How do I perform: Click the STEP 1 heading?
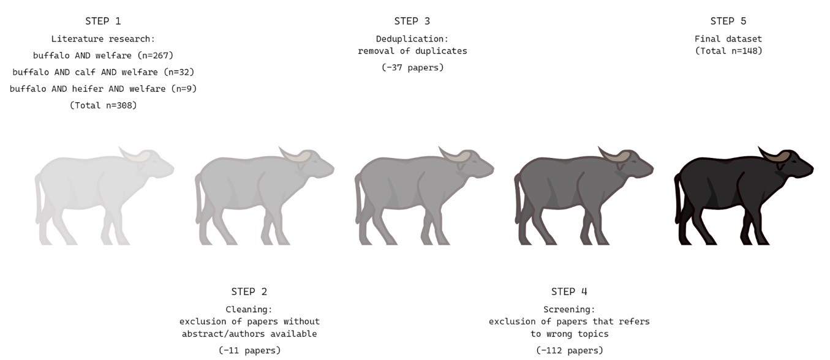coord(103,21)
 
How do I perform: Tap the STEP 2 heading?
coord(249,292)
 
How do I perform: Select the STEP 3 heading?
coord(412,21)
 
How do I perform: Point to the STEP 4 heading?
coord(569,292)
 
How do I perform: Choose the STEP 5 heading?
coord(728,21)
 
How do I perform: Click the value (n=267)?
coord(156,56)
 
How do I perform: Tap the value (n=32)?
coord(179,72)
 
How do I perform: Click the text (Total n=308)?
coord(104,105)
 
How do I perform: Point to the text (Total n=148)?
coord(728,51)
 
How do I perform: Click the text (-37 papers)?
coord(412,67)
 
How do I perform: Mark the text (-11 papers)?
coord(249,350)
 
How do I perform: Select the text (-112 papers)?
coord(570,350)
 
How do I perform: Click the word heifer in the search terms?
coord(88,89)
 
